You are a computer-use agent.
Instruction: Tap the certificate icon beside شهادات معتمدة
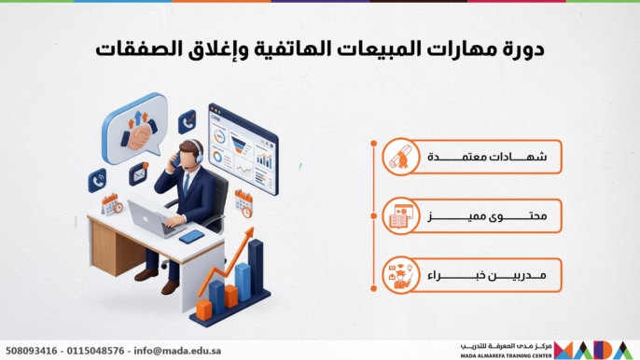point(401,157)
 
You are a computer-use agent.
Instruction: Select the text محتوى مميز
point(487,216)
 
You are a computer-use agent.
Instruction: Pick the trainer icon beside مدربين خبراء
point(401,275)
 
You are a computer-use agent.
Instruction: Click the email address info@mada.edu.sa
point(177,351)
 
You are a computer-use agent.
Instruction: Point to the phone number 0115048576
point(95,351)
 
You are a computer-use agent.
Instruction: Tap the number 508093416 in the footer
point(32,351)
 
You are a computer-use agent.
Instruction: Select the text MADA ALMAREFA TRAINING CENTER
point(506,356)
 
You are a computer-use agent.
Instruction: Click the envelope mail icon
point(139,173)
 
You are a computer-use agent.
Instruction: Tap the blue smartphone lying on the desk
point(191,237)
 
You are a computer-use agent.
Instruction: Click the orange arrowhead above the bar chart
point(248,234)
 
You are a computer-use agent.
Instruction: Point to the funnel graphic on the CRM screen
point(240,145)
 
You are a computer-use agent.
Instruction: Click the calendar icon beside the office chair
point(244,203)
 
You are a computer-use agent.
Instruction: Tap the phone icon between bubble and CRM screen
point(188,121)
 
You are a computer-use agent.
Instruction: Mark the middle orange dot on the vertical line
point(373,216)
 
